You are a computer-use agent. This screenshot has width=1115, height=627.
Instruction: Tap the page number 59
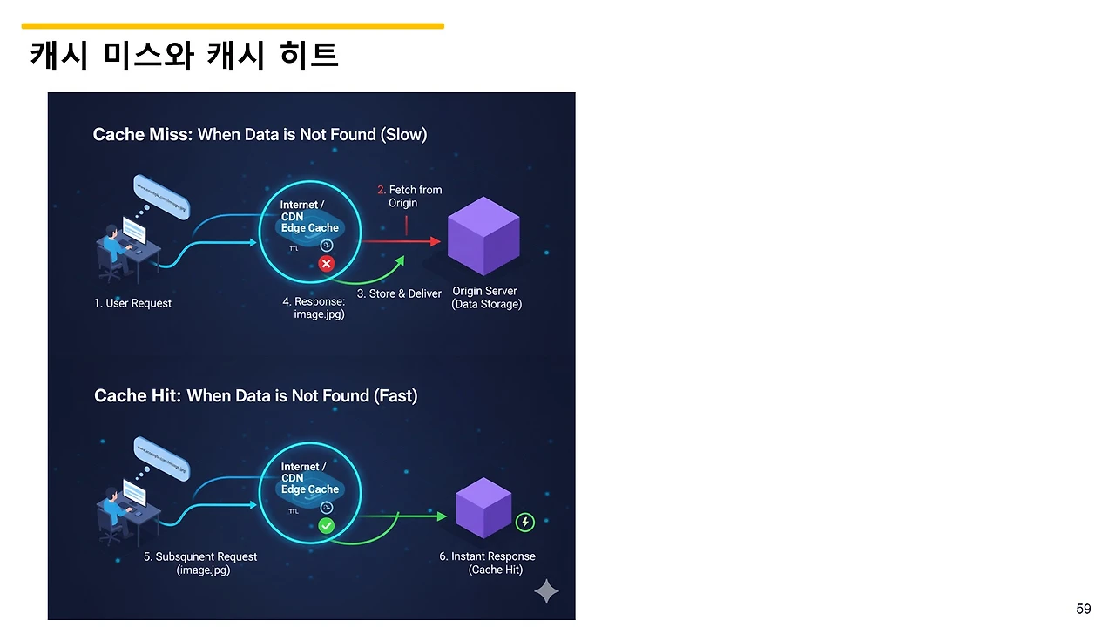[x=1083, y=609]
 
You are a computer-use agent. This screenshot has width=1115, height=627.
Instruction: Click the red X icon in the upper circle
[x=327, y=263]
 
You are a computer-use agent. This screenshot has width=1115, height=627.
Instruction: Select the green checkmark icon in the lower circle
[x=327, y=525]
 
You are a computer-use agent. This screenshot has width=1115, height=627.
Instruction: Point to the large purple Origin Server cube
[x=483, y=235]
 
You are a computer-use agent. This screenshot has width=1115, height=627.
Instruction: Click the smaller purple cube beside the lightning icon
[x=483, y=507]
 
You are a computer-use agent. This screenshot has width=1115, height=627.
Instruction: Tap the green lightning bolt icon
[x=525, y=522]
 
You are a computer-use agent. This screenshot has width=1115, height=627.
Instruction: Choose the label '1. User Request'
[x=132, y=303]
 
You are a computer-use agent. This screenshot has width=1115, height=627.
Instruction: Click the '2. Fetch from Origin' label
[x=409, y=196]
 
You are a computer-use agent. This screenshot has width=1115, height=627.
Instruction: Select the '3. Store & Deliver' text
[x=399, y=293]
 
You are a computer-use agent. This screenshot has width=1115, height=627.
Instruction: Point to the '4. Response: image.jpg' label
[x=314, y=307]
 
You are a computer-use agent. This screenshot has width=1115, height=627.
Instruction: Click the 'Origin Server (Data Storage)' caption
[x=485, y=298]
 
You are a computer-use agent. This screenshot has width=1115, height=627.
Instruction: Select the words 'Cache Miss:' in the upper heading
[x=142, y=134]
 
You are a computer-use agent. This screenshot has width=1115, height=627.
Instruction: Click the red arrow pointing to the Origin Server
[x=401, y=241]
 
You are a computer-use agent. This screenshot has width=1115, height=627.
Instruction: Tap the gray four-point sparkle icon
[x=546, y=591]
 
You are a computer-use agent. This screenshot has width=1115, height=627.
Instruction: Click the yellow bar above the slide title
[x=233, y=26]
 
